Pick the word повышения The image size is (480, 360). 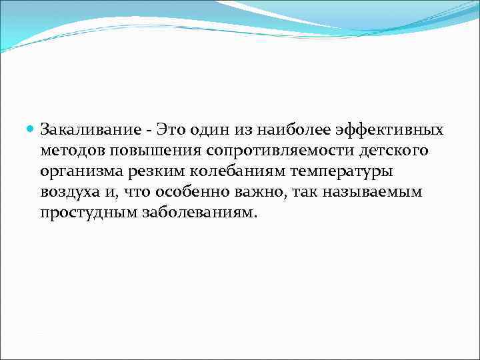point(141,150)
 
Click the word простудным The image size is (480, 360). point(81,214)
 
